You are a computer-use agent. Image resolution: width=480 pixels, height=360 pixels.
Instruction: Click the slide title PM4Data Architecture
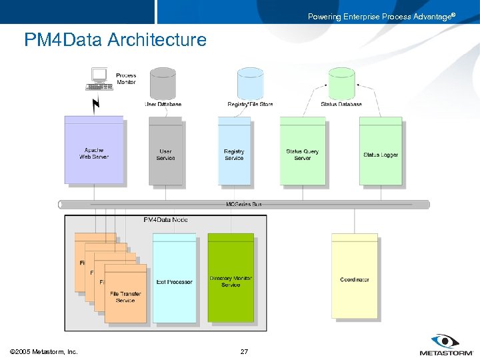tap(115, 40)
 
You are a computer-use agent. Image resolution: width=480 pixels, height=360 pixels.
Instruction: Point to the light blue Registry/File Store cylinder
tap(251, 83)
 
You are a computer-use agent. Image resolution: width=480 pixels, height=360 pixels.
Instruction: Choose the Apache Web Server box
tap(94, 153)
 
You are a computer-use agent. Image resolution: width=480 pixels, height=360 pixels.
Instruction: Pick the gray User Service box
tap(165, 154)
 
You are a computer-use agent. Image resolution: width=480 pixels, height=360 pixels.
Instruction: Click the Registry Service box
tap(234, 154)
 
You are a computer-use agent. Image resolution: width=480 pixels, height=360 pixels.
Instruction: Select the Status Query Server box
tap(303, 154)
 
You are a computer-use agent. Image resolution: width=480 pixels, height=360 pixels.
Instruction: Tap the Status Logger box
tap(381, 154)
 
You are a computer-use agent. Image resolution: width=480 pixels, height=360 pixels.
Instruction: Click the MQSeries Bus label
tap(243, 204)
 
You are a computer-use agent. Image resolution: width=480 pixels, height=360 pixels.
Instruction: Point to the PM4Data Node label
tap(165, 219)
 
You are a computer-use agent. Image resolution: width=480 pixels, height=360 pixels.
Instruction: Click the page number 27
tap(244, 351)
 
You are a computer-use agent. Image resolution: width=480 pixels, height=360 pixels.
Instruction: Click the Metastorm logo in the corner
tap(445, 345)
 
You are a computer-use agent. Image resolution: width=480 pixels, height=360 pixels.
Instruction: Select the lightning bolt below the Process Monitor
tap(96, 104)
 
